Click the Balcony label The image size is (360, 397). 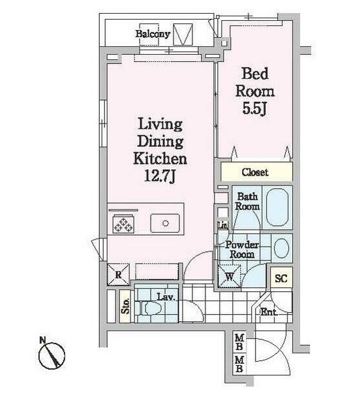tap(153, 34)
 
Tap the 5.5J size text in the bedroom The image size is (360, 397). tap(254, 108)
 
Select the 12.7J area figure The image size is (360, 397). tap(160, 176)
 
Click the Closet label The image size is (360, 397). tap(254, 172)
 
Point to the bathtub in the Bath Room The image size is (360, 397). tap(277, 207)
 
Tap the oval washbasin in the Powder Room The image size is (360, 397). tap(281, 248)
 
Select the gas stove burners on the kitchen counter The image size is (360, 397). tap(123, 224)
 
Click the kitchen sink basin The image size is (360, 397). tap(165, 223)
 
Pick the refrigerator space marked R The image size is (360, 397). tap(118, 274)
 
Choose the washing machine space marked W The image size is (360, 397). tap(230, 276)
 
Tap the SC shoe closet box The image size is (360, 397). tap(281, 278)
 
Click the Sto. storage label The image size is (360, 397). tap(125, 306)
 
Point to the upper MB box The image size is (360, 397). tap(239, 342)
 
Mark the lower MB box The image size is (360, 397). tap(239, 364)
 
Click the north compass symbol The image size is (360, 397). tap(52, 355)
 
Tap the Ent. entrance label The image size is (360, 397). tap(269, 311)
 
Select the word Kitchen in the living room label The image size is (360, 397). tap(160, 159)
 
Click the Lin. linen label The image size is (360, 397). tap(223, 225)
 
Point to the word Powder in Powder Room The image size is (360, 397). tap(242, 245)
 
